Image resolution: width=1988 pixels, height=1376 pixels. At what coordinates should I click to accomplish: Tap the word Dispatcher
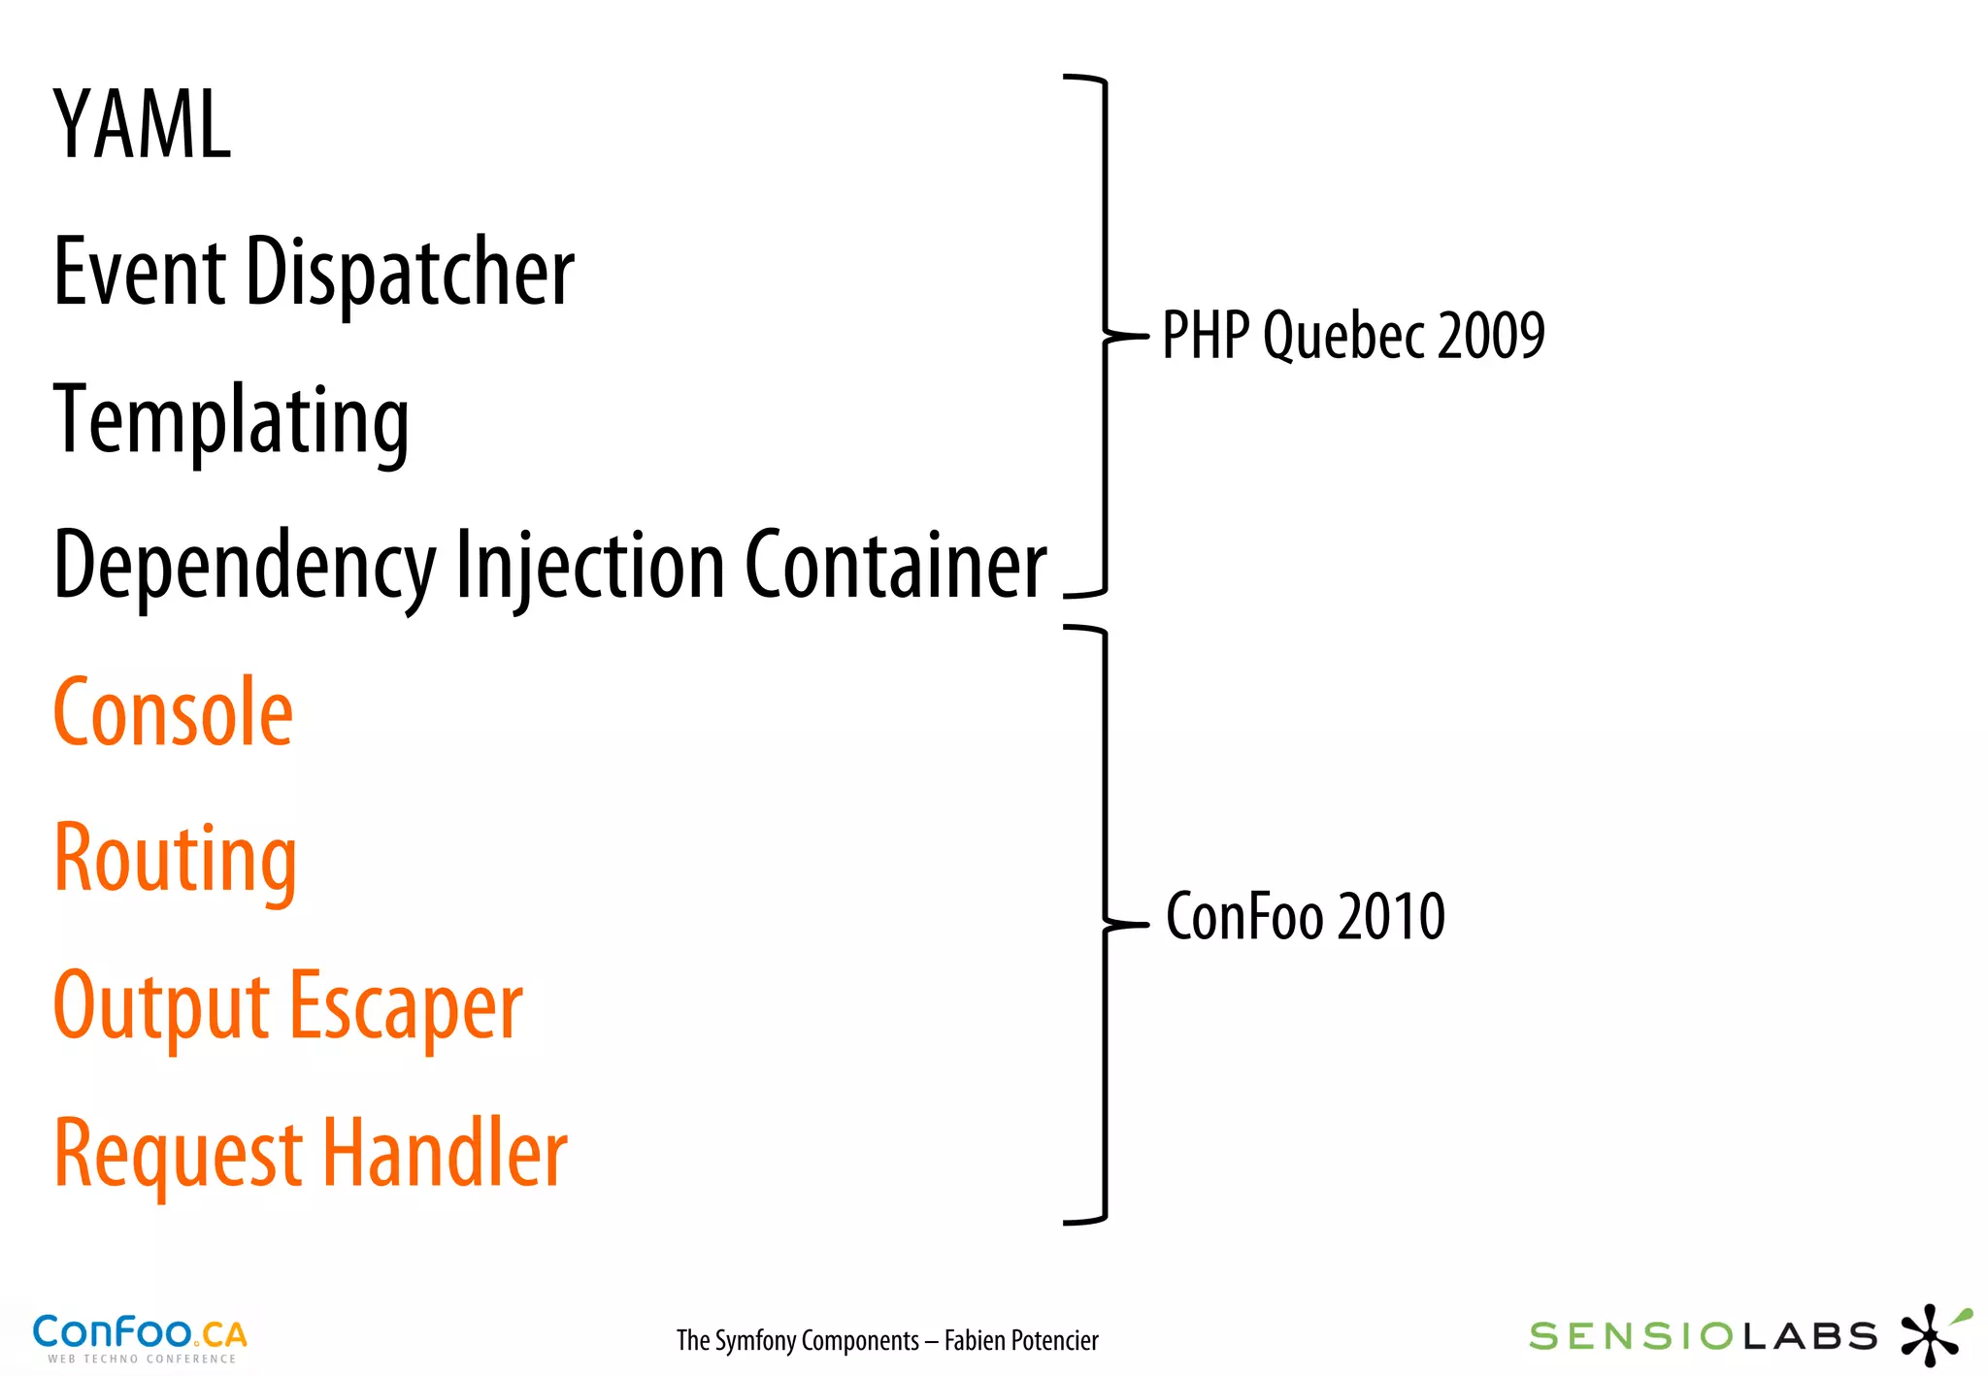(410, 273)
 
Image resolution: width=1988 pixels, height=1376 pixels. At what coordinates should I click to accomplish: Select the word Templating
(231, 421)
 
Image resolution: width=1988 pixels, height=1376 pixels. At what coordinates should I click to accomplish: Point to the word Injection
(589, 566)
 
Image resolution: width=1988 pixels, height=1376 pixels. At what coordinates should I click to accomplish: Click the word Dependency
(245, 568)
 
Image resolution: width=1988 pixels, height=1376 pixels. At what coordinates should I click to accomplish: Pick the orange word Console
(173, 713)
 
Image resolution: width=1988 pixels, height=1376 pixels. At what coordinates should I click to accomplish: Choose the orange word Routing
(175, 860)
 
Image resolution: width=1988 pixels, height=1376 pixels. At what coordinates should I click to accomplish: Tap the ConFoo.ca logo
(140, 1337)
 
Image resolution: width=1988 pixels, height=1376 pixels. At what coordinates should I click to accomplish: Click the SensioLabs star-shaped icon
(1932, 1335)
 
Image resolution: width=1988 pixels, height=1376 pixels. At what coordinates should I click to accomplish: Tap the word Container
(895, 566)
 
